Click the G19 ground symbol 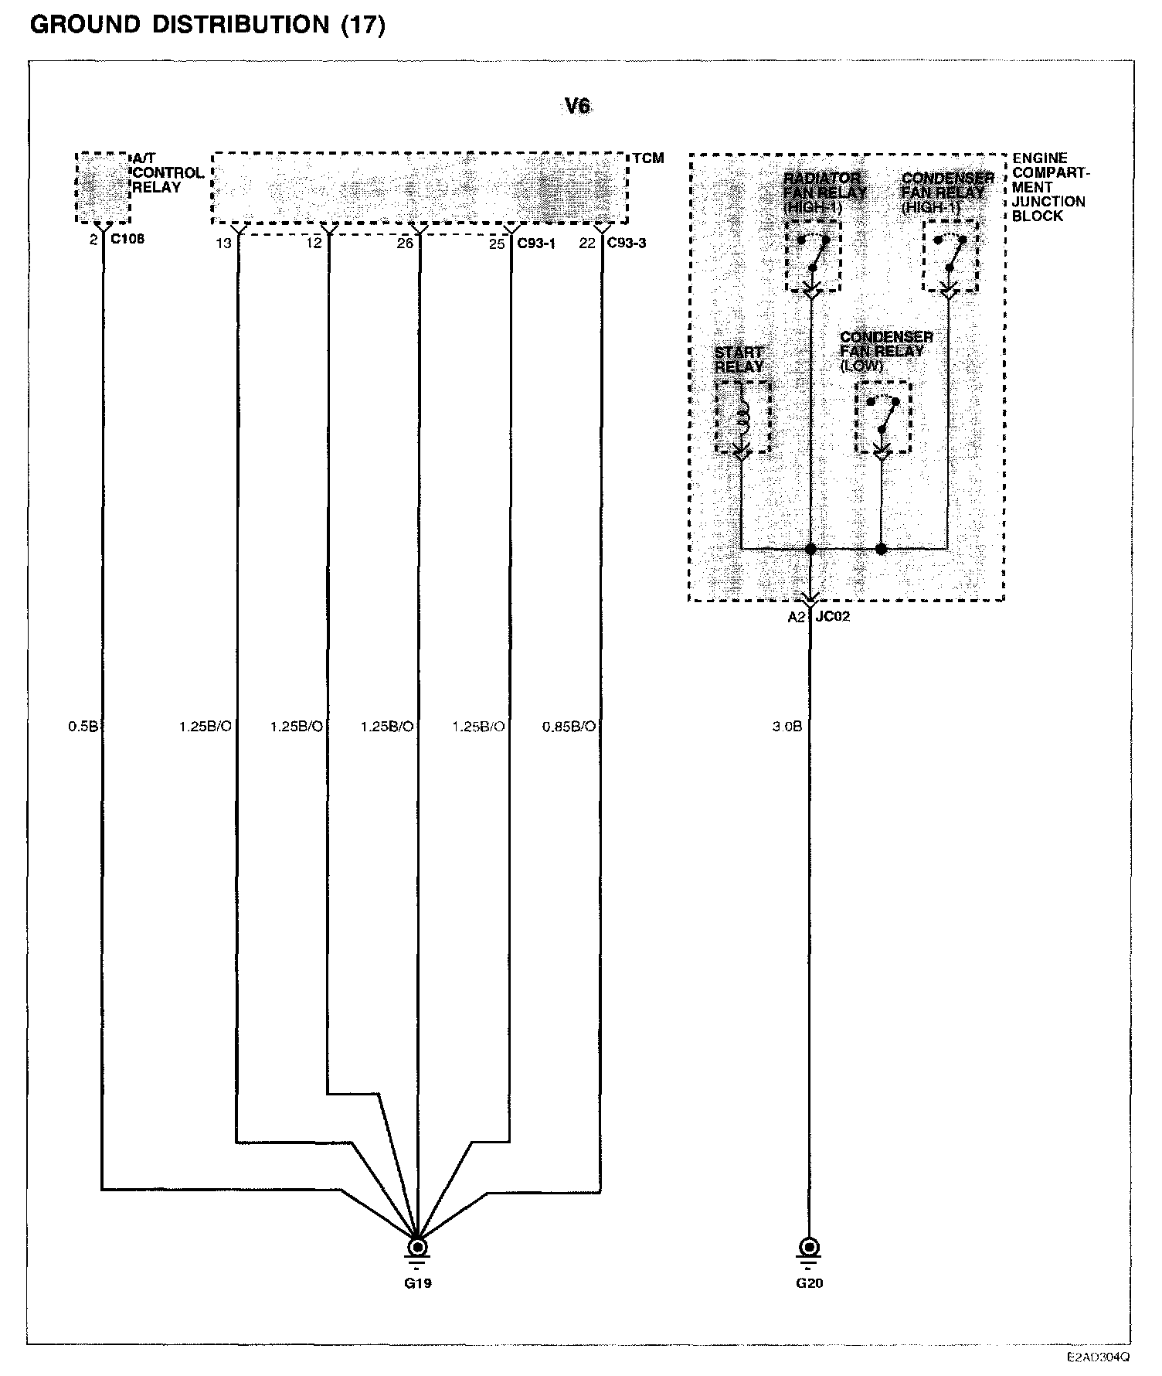417,1248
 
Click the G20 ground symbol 810,1248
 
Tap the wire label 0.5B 83,727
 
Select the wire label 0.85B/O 569,727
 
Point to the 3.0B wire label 787,727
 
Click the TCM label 648,158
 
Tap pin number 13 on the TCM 223,244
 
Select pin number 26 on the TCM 405,244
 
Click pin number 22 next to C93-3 587,244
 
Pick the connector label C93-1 536,244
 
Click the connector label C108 127,239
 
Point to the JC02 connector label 833,617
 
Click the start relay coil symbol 743,416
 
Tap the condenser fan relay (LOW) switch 883,417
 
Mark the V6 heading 578,106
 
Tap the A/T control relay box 103,188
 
